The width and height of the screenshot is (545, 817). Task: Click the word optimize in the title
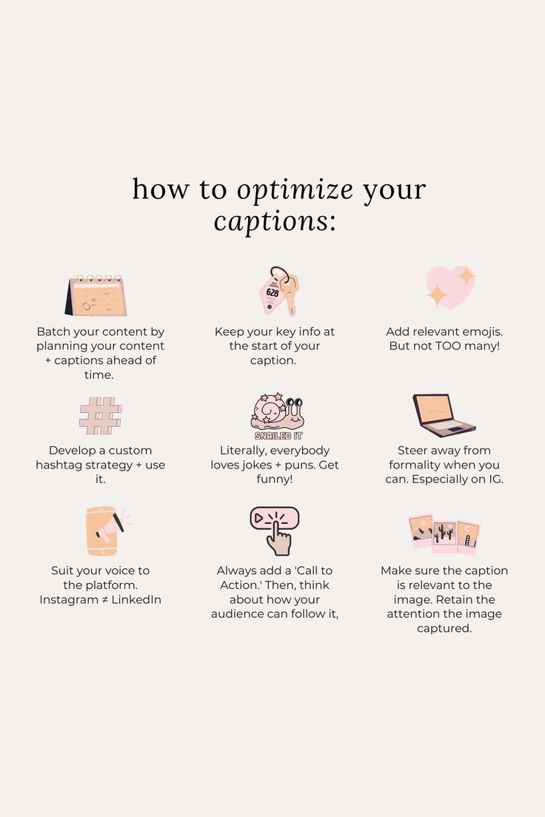pos(295,190)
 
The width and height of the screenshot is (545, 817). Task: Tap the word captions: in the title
pos(275,221)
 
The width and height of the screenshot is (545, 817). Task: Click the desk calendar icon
pos(96,295)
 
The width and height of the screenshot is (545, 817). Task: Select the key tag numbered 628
pos(272,293)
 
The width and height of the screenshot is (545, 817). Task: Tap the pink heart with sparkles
pos(449,287)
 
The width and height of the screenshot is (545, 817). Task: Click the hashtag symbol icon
pos(100,416)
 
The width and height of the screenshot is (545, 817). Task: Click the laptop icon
pos(443,415)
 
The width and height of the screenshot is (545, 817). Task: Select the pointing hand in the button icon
pos(278,539)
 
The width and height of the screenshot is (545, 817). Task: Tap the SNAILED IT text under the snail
pos(278,436)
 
